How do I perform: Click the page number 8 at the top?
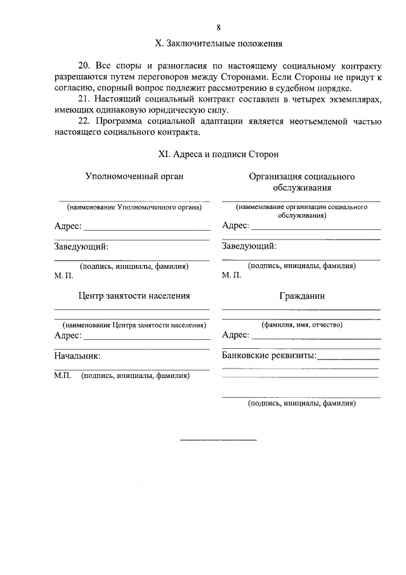coord(218,27)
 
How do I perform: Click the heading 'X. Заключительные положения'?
coord(218,44)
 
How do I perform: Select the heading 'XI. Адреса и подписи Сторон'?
coord(218,154)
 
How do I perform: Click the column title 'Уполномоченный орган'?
coord(134,176)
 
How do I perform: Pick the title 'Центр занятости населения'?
coord(134,295)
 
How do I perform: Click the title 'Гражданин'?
coord(301,296)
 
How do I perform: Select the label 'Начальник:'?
coord(77,357)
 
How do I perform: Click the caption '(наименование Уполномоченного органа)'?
coord(134,207)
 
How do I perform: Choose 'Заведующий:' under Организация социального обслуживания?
coord(249,246)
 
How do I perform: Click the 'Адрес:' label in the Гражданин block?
coord(235,335)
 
